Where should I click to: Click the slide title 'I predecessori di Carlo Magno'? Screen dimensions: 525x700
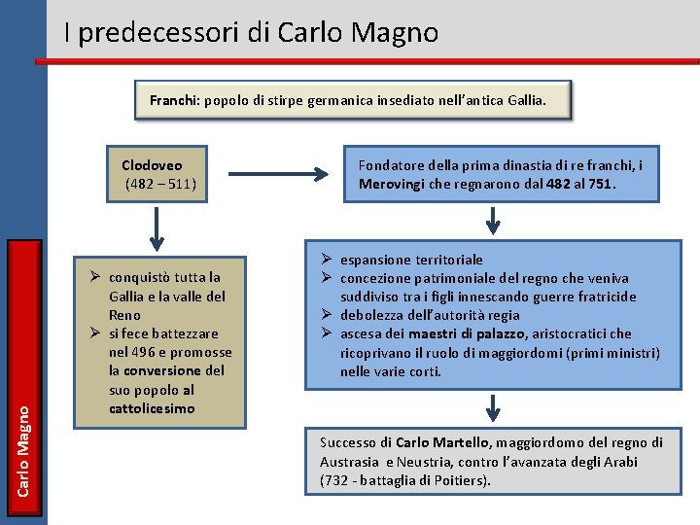tap(251, 33)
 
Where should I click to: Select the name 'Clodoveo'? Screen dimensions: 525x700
tap(152, 165)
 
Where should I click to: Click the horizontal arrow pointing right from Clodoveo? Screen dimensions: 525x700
tap(292, 175)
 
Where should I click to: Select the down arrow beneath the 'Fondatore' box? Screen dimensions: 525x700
tap(494, 221)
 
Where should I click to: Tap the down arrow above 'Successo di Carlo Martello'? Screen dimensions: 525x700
tap(494, 406)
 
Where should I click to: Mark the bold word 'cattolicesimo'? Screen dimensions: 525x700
tap(152, 408)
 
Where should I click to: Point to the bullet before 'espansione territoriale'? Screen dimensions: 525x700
tap(327, 260)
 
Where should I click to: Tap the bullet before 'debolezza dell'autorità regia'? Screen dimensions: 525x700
tap(327, 315)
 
